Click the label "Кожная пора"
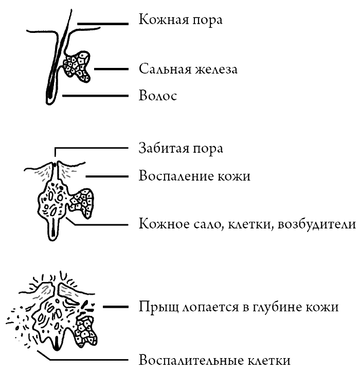tap(181, 20)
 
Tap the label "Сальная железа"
tap(188, 69)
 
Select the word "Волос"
tap(158, 96)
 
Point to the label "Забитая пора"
tap(181, 149)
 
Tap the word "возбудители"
tap(317, 223)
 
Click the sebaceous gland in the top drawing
tap(77, 66)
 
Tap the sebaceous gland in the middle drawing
tap(82, 202)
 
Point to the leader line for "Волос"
tap(95, 96)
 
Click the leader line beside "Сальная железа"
tap(111, 69)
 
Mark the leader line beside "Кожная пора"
tap(103, 24)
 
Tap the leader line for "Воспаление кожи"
tap(107, 176)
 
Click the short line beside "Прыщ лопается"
tap(116, 307)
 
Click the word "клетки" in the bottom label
tap(269, 360)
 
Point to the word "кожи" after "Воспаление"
tap(234, 176)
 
